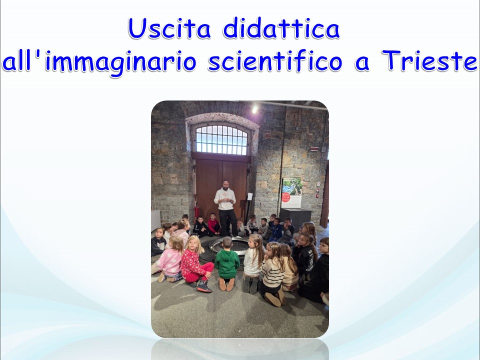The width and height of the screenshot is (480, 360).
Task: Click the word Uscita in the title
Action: click(x=169, y=28)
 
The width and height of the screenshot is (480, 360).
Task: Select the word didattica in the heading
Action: click(x=281, y=28)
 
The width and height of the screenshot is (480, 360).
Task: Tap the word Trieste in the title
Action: click(x=429, y=60)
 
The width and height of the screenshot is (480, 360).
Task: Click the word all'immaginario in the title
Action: click(x=99, y=63)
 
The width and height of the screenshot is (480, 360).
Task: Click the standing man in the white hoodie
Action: click(x=226, y=208)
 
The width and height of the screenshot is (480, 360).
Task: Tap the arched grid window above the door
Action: click(x=221, y=140)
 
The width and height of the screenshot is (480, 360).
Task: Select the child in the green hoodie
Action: click(x=227, y=264)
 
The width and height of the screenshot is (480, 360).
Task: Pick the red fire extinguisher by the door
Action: click(x=196, y=212)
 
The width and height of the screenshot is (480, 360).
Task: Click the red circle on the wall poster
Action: click(x=285, y=197)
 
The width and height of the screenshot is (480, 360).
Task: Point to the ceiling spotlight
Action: click(x=254, y=110)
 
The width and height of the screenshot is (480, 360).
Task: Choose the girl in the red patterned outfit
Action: click(x=195, y=264)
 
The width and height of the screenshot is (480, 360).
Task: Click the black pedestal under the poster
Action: click(x=295, y=218)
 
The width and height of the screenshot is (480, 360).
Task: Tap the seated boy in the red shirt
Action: click(x=213, y=224)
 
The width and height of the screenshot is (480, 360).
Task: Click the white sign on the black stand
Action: click(x=250, y=196)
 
